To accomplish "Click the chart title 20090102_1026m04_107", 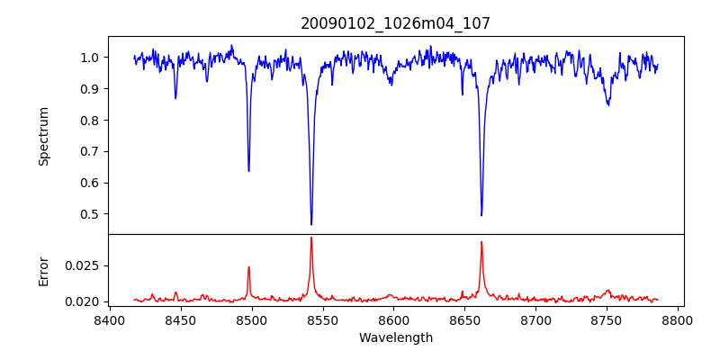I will pyautogui.click(x=395, y=23).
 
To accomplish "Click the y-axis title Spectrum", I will pyautogui.click(x=43, y=136).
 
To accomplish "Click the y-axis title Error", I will pyautogui.click(x=43, y=271).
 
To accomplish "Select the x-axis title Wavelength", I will pyautogui.click(x=395, y=338).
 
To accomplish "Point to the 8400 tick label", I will pyautogui.click(x=109, y=320).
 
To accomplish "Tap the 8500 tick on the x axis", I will pyautogui.click(x=251, y=320).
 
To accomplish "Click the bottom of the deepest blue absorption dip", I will pyautogui.click(x=311, y=224).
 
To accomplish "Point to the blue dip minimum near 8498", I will pyautogui.click(x=248, y=171).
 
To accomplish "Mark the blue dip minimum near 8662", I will pyautogui.click(x=481, y=215).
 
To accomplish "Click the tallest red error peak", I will pyautogui.click(x=311, y=238).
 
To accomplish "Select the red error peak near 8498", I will pyautogui.click(x=248, y=266).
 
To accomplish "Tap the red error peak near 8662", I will pyautogui.click(x=481, y=241).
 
